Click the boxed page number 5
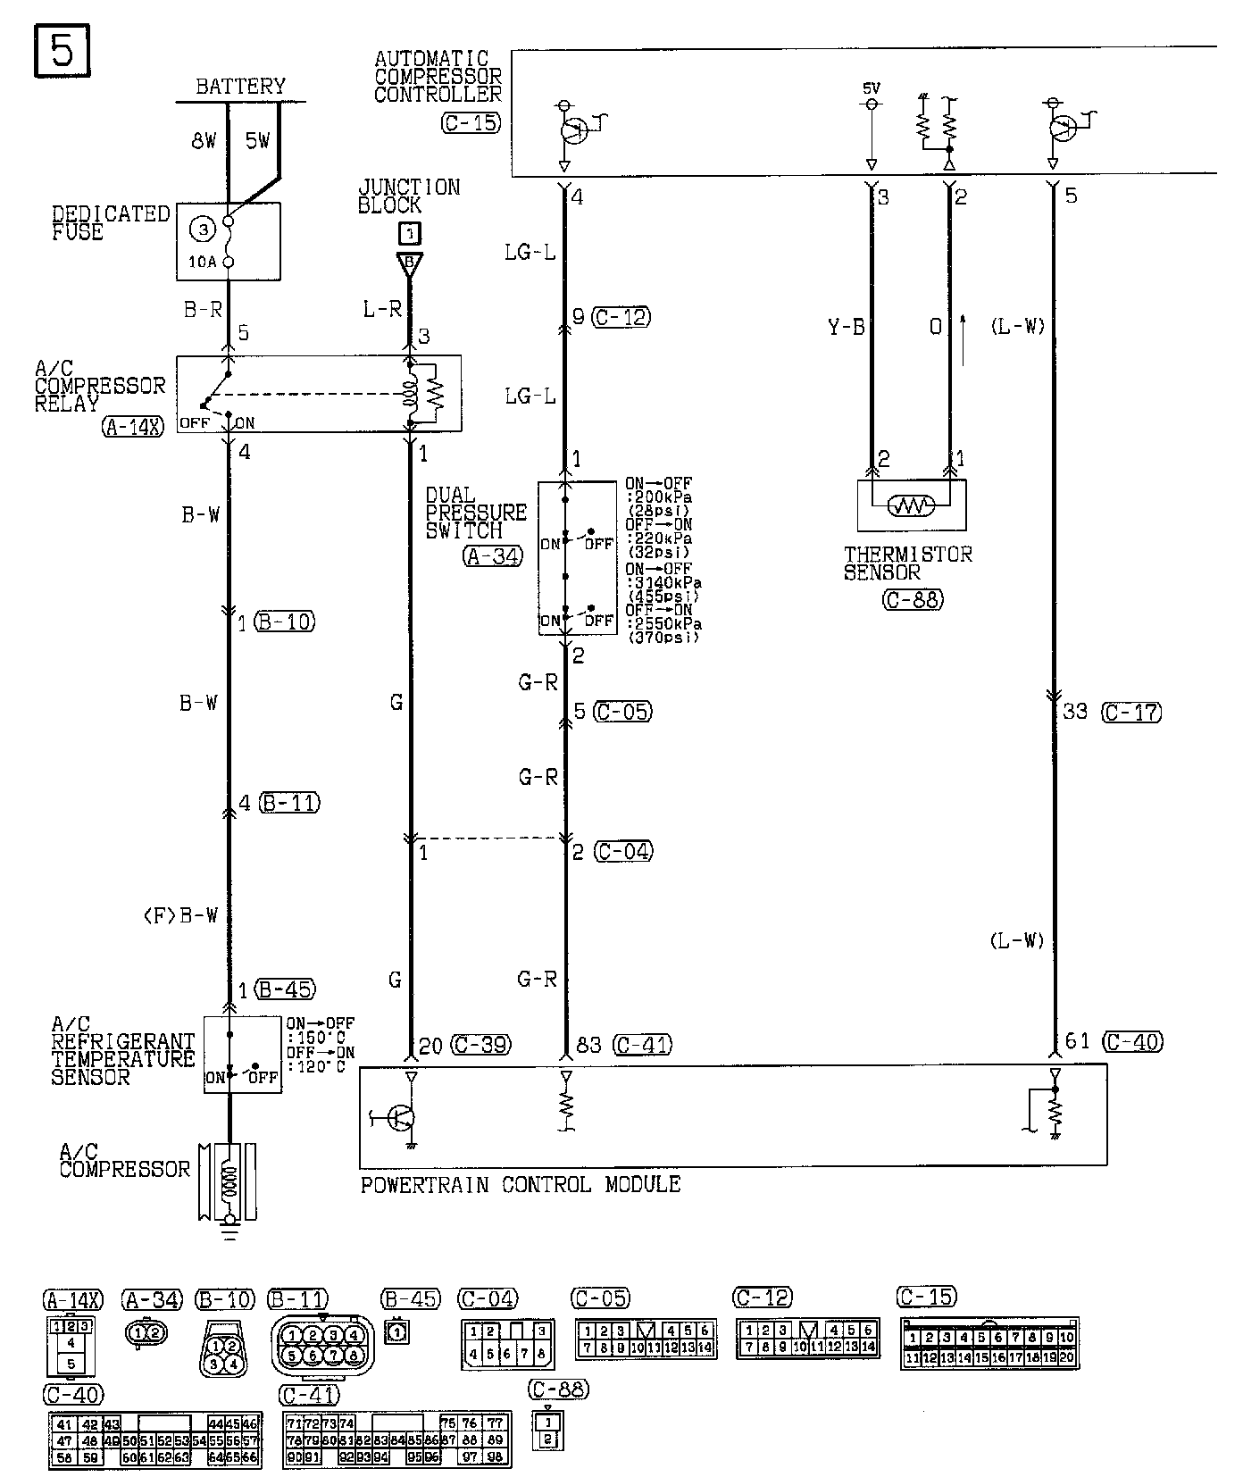pyautogui.click(x=62, y=50)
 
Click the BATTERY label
pyautogui.click(x=240, y=87)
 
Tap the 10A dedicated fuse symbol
pyautogui.click(x=228, y=241)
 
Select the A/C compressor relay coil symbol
pyautogui.click(x=412, y=394)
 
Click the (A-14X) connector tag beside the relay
pyautogui.click(x=133, y=426)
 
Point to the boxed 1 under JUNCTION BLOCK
pyautogui.click(x=409, y=234)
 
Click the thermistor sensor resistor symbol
pyautogui.click(x=910, y=506)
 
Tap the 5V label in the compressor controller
pyautogui.click(x=871, y=88)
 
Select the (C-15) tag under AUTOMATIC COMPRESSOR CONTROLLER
pyautogui.click(x=471, y=123)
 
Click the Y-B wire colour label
pyautogui.click(x=847, y=327)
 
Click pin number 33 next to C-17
pyautogui.click(x=1074, y=713)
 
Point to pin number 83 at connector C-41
pyautogui.click(x=589, y=1044)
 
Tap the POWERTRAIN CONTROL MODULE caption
pyautogui.click(x=520, y=1185)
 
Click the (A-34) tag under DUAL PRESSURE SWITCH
pyautogui.click(x=492, y=555)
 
